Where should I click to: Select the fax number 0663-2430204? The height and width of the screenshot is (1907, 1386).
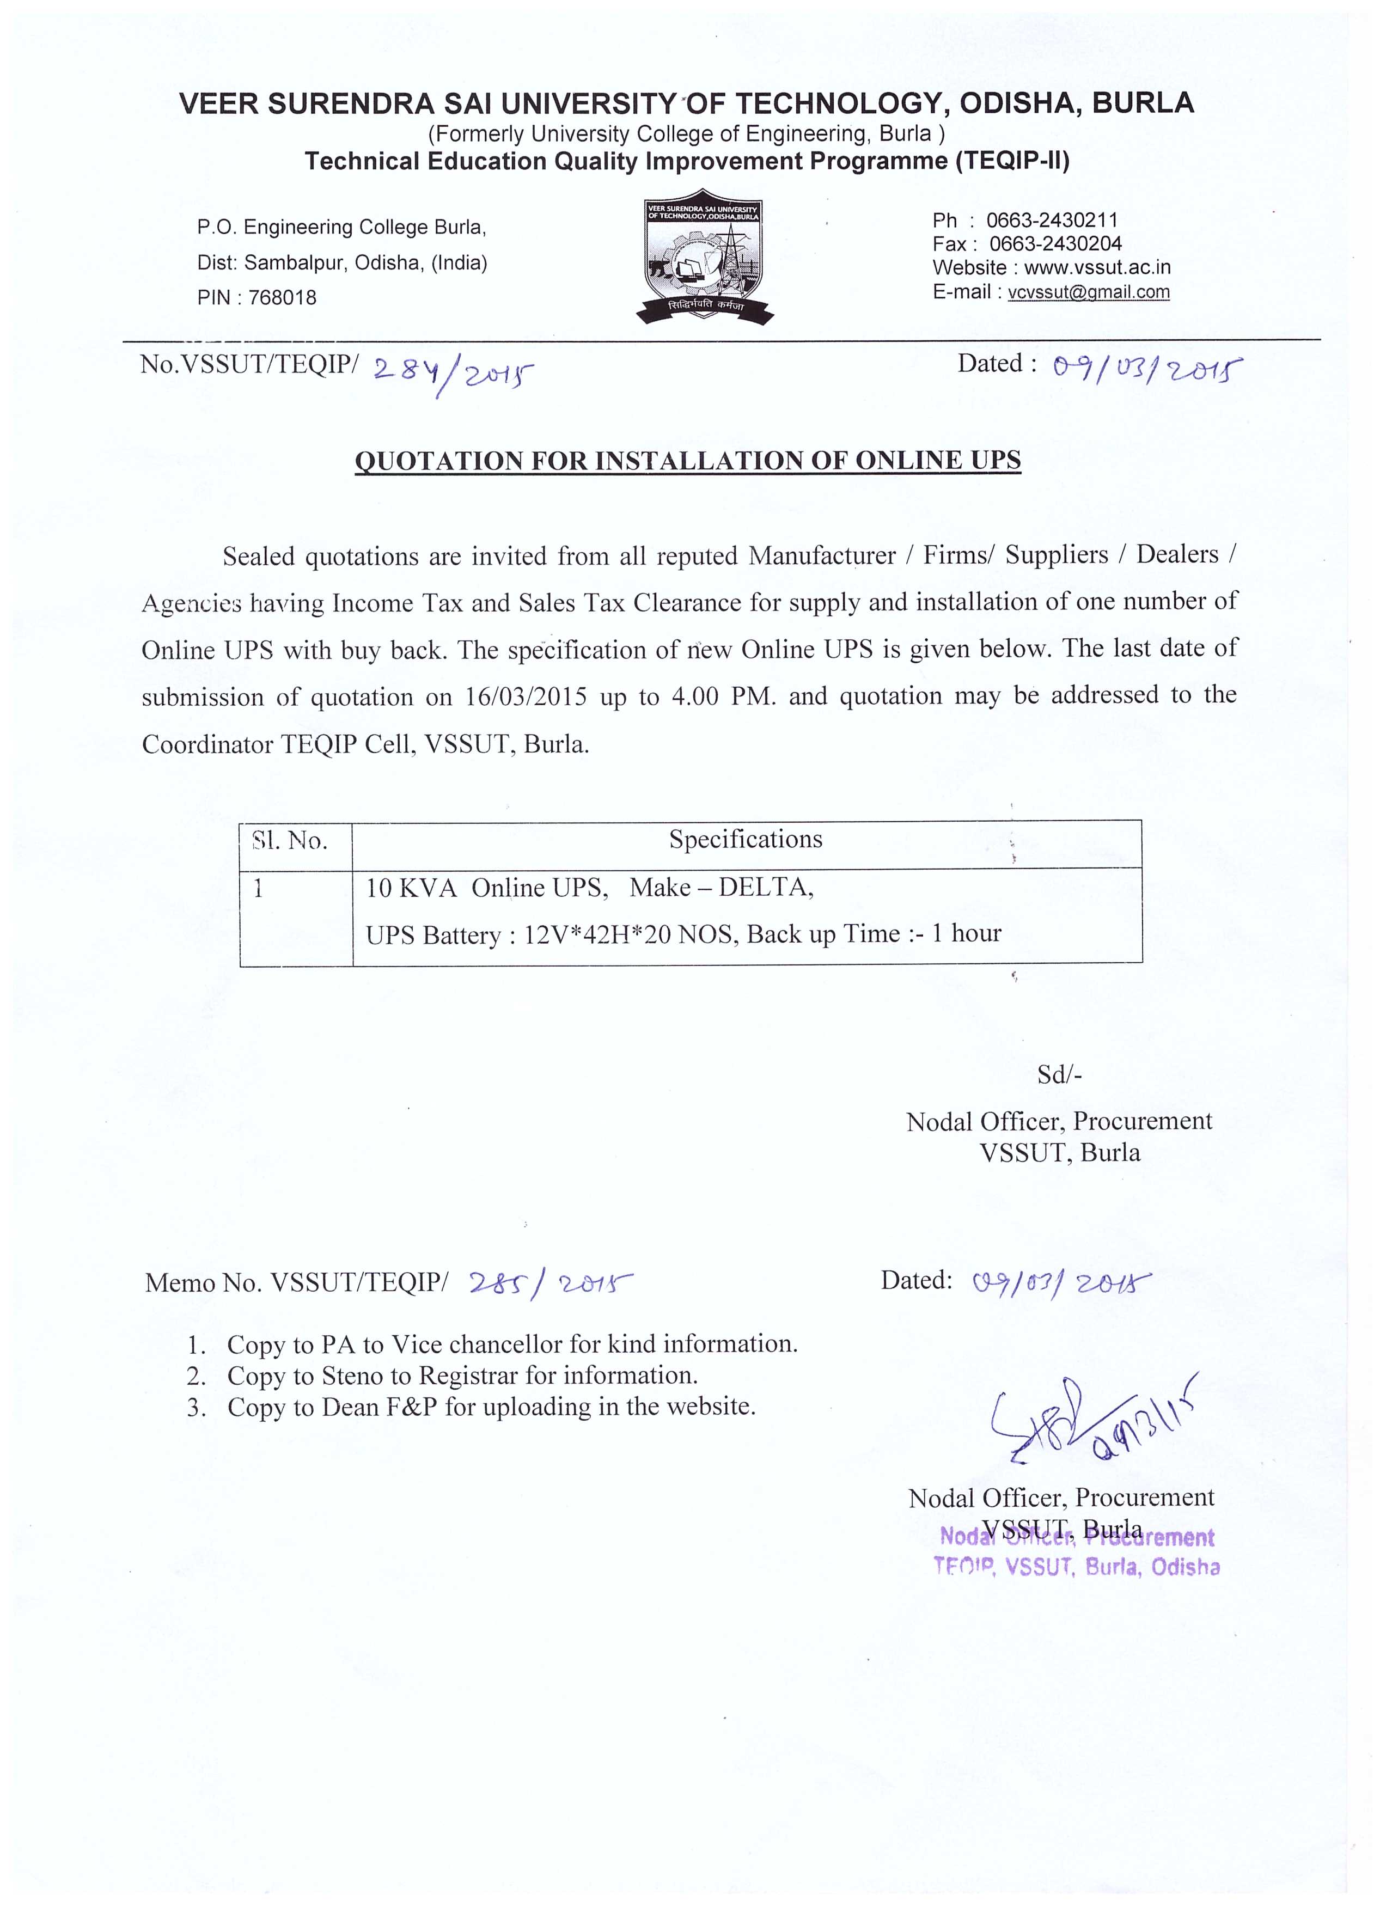pyautogui.click(x=1055, y=244)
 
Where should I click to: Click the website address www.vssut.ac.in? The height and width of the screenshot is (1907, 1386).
pyautogui.click(x=1097, y=267)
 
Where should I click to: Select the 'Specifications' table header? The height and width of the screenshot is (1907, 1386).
pyautogui.click(x=745, y=839)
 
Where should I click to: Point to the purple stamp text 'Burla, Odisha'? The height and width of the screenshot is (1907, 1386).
pyautogui.click(x=1152, y=1567)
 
